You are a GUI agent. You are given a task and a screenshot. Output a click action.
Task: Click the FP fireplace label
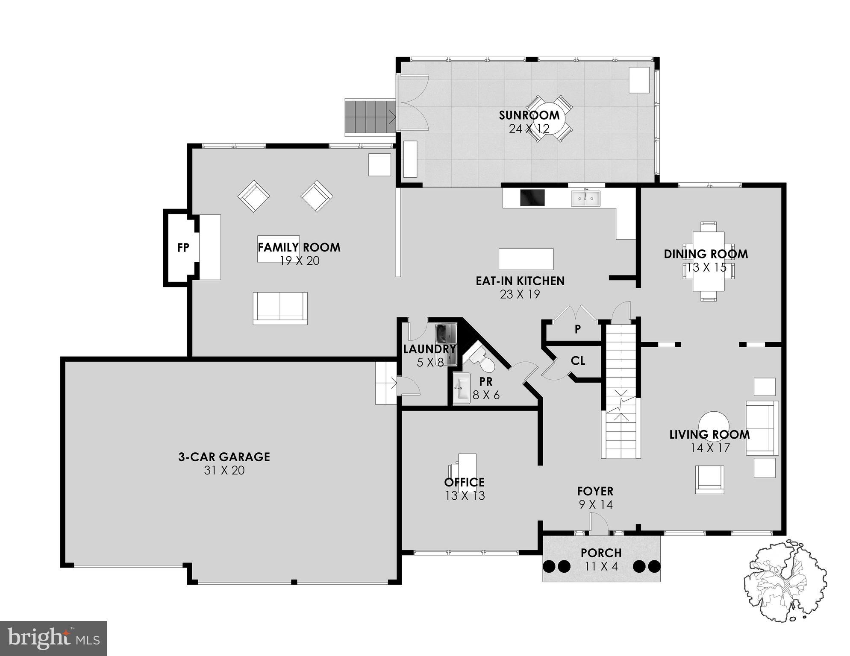183,248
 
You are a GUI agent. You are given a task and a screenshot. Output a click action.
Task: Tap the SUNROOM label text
529,115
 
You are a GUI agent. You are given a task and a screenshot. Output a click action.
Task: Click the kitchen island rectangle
526,259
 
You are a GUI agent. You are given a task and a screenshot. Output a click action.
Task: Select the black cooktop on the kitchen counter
532,198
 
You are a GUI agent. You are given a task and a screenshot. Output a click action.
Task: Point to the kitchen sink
585,198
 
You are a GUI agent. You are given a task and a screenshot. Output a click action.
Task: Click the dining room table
708,261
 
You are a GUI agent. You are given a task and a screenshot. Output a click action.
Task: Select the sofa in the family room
280,308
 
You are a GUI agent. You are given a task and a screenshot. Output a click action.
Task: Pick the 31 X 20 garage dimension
224,471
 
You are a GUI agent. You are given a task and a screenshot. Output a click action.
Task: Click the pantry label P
578,329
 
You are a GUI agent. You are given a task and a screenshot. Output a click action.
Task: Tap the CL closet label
578,361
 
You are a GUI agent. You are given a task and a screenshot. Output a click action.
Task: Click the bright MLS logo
53,638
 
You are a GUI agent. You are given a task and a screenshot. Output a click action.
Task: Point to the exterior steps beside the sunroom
370,117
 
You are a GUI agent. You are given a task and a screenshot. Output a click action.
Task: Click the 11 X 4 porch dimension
601,567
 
